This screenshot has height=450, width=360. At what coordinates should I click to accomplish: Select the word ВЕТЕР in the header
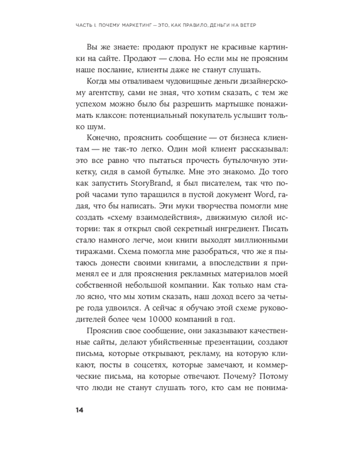[246, 24]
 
